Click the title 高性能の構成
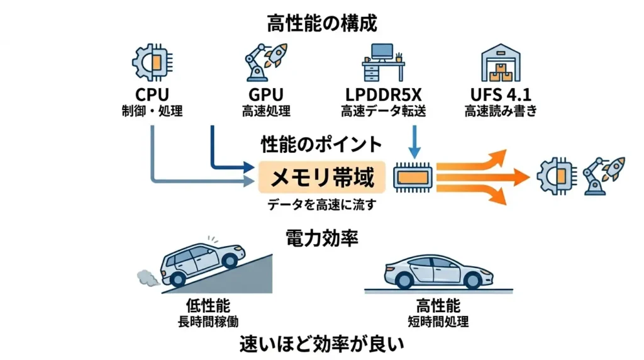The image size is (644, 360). click(x=321, y=25)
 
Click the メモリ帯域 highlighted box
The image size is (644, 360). click(x=321, y=178)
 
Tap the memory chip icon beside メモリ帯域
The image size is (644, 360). click(x=412, y=178)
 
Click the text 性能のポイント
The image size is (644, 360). click(x=321, y=144)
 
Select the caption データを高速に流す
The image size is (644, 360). click(x=321, y=205)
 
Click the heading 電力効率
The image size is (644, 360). click(x=321, y=237)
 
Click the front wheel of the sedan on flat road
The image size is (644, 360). click(x=473, y=279)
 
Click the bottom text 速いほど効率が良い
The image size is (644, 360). click(x=321, y=345)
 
